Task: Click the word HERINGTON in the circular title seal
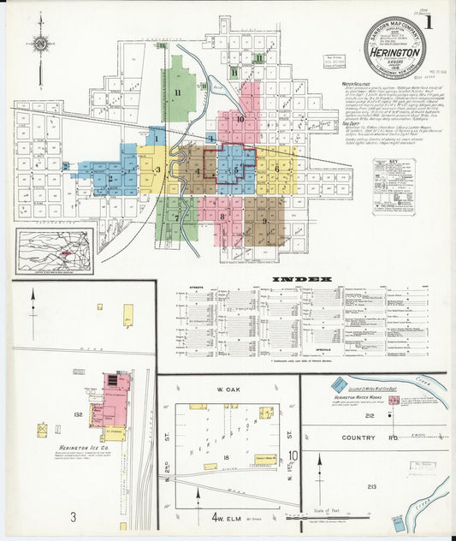394,52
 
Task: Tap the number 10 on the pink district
240,119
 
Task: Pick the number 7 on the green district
178,217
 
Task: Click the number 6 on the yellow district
276,169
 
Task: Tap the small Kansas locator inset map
53,252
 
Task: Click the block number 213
371,486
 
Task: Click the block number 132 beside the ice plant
79,413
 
